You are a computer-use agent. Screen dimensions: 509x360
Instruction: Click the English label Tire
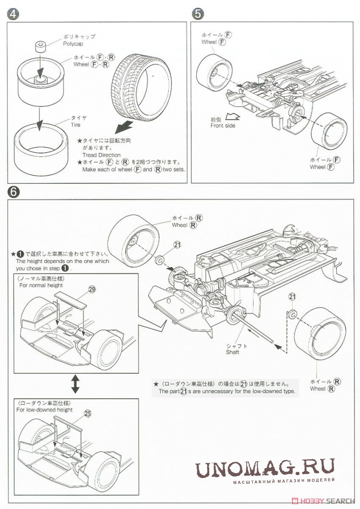pyautogui.click(x=76, y=125)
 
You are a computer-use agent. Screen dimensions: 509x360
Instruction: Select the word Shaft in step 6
pyautogui.click(x=232, y=352)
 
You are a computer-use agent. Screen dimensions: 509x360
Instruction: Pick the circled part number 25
pyautogui.click(x=87, y=413)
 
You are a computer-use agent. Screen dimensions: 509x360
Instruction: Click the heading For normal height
pyautogui.click(x=41, y=285)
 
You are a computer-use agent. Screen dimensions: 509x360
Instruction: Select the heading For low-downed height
pyautogui.click(x=44, y=410)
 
